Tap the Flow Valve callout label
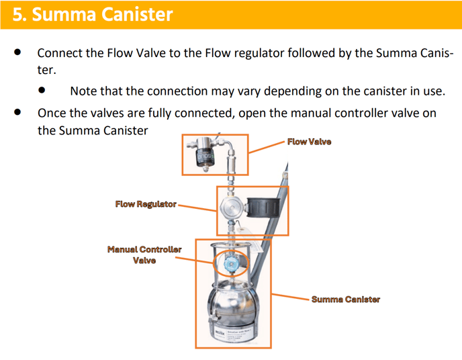(309, 142)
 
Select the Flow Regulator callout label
(146, 204)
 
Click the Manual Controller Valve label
(144, 255)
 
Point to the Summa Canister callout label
(345, 299)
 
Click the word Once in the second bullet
(52, 113)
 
